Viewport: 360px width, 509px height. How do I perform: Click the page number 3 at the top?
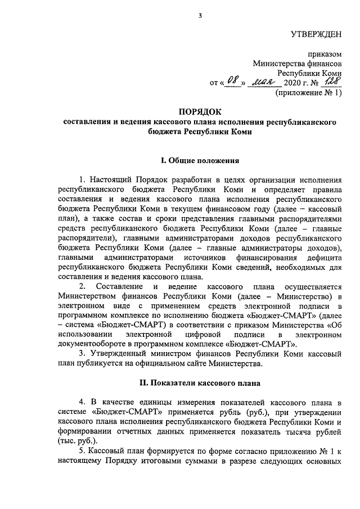[200, 15]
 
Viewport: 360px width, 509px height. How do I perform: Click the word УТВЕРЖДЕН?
[316, 35]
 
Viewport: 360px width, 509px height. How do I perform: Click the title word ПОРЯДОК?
[200, 111]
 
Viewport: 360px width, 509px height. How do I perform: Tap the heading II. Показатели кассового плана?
[200, 383]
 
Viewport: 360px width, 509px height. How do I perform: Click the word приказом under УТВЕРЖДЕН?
[325, 55]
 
